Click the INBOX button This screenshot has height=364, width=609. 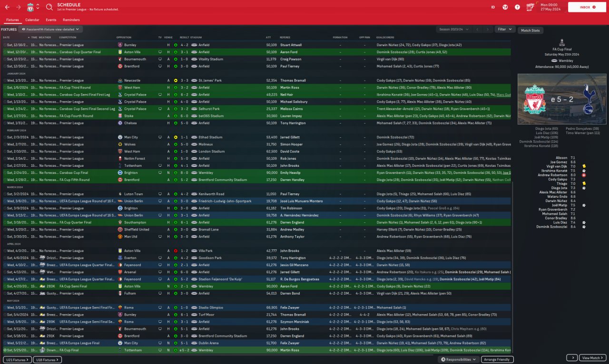click(585, 7)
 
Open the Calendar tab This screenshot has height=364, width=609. click(32, 20)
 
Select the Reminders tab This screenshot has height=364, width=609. click(71, 20)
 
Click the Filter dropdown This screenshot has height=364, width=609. click(504, 29)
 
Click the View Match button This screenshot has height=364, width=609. click(593, 358)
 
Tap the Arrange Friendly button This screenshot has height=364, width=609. click(497, 360)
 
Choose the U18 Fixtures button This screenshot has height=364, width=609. click(48, 360)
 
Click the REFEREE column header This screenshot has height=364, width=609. click(285, 38)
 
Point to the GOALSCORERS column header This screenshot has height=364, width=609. click(385, 38)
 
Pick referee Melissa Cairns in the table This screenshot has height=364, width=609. click(292, 109)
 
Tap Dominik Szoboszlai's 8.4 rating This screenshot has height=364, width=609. click(572, 227)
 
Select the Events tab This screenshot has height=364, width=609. click(51, 20)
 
